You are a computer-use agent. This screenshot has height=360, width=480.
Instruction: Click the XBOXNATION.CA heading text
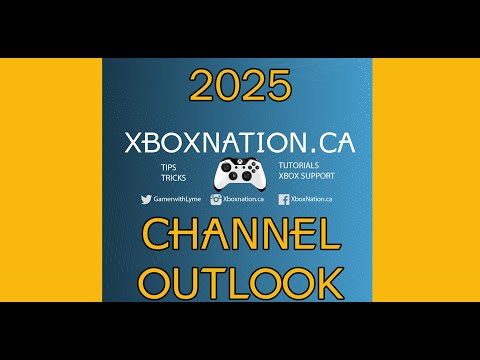click(239, 143)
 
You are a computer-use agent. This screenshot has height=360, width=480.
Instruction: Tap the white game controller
click(239, 173)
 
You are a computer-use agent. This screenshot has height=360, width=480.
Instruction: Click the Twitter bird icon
click(146, 199)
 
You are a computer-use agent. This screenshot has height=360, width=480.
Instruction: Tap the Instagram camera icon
click(215, 199)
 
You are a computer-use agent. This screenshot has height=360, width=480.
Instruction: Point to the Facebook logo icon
click(284, 199)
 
